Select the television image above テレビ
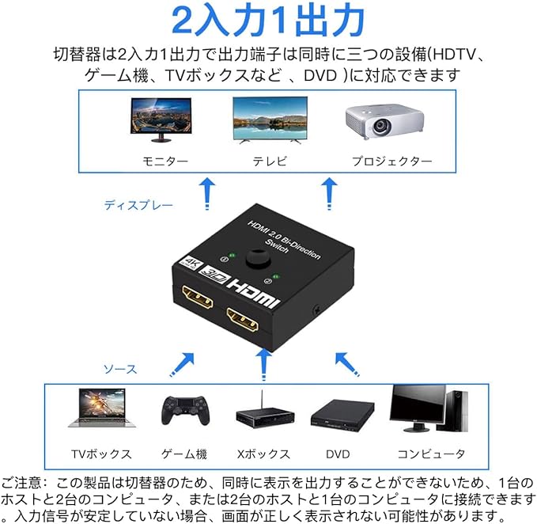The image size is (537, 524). coord(270,118)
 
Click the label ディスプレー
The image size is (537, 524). coord(138,205)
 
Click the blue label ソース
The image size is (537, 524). coord(120,369)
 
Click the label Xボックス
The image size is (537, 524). coord(263,454)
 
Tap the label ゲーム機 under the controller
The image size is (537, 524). coord(183,454)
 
